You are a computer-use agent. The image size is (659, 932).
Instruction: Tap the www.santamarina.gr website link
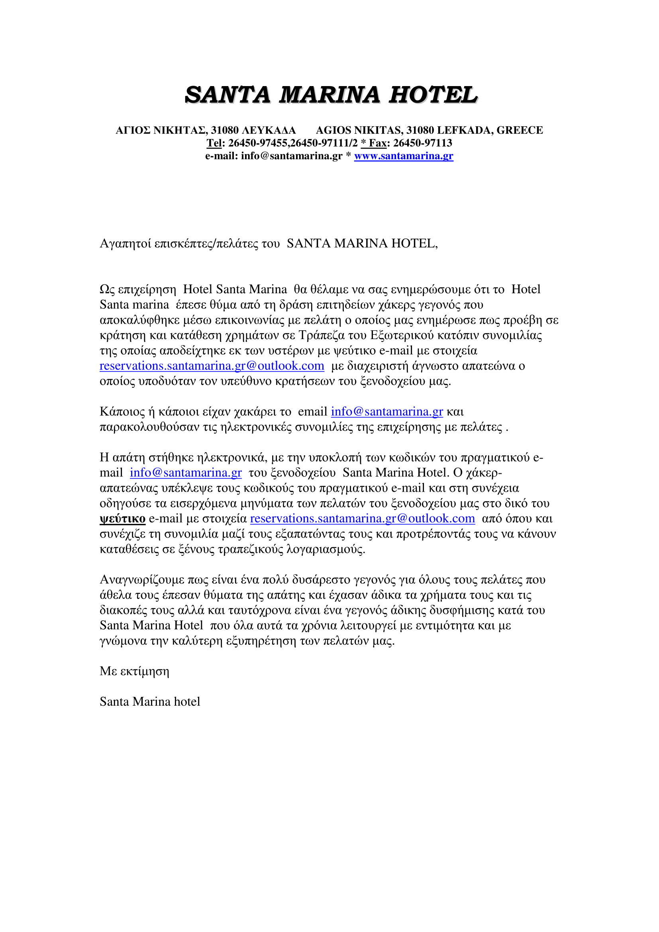tap(403, 156)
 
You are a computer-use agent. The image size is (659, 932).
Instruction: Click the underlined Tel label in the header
tap(214, 143)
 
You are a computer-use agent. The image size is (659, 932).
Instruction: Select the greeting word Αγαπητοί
tap(126, 243)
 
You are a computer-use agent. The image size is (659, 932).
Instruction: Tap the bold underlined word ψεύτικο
tap(123, 519)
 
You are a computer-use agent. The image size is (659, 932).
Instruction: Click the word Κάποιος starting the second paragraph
tap(122, 412)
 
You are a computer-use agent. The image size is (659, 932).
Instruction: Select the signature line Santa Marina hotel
tap(150, 702)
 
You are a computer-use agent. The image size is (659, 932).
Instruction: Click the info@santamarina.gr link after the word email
tap(387, 412)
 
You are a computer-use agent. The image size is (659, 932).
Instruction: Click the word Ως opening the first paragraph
tap(107, 289)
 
